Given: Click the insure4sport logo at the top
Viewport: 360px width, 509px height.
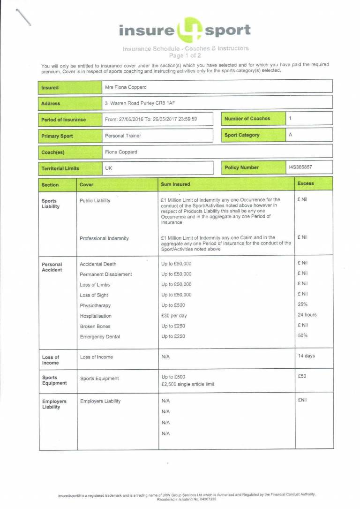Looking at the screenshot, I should point(185,30).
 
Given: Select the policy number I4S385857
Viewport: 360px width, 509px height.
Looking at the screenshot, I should point(301,167).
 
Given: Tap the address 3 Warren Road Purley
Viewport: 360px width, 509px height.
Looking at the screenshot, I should point(140,103).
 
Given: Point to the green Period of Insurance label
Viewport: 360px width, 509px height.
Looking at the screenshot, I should point(64,120).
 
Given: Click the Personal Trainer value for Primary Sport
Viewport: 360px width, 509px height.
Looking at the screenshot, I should point(123,136).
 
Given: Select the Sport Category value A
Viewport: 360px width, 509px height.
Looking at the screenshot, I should point(291,135).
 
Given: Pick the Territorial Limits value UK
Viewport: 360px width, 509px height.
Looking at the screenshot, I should point(109,167).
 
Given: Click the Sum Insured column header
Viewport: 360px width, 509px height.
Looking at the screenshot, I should point(175,184).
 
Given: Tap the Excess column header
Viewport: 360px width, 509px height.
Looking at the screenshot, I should point(306,183).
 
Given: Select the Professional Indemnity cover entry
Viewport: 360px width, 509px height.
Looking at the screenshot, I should point(104,238).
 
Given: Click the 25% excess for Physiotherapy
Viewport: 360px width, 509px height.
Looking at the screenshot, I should point(302,304).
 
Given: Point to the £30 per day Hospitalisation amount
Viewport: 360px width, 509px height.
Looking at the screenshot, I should point(174,316).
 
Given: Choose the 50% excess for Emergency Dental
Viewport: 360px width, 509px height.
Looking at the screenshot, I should point(302,335).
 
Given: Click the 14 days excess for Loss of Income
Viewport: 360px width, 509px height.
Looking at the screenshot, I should point(307,356).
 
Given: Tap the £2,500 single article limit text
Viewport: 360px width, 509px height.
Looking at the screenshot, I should point(187,384).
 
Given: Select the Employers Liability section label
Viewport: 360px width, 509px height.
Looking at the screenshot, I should point(54,404).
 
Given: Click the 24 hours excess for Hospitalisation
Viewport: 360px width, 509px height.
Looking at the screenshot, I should point(307,315).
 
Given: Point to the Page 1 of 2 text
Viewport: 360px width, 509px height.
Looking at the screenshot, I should point(185,55).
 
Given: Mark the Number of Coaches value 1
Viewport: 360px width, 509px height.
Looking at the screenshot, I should point(291,118).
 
